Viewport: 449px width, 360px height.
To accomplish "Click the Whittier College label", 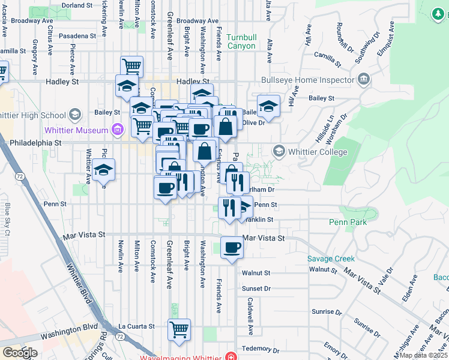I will pos(318,152).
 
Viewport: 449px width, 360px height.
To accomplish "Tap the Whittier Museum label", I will pos(76,130).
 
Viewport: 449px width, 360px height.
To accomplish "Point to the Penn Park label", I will pos(346,222).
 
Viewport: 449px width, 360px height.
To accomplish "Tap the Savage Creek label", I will pos(331,259).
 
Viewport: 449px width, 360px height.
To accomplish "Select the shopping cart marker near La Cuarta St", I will pos(179,329).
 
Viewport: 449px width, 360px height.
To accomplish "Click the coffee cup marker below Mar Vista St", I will pos(232,247).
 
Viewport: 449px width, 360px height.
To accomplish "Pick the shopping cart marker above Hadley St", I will pos(131,66).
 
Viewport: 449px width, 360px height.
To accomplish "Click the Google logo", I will pos(20,353).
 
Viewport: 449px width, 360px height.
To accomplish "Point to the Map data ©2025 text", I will pos(423,355).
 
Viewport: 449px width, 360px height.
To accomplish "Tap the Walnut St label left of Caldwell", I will pos(256,272).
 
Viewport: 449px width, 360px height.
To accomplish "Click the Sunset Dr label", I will pos(256,289).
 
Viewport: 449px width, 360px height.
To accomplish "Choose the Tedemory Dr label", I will pos(257,349).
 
